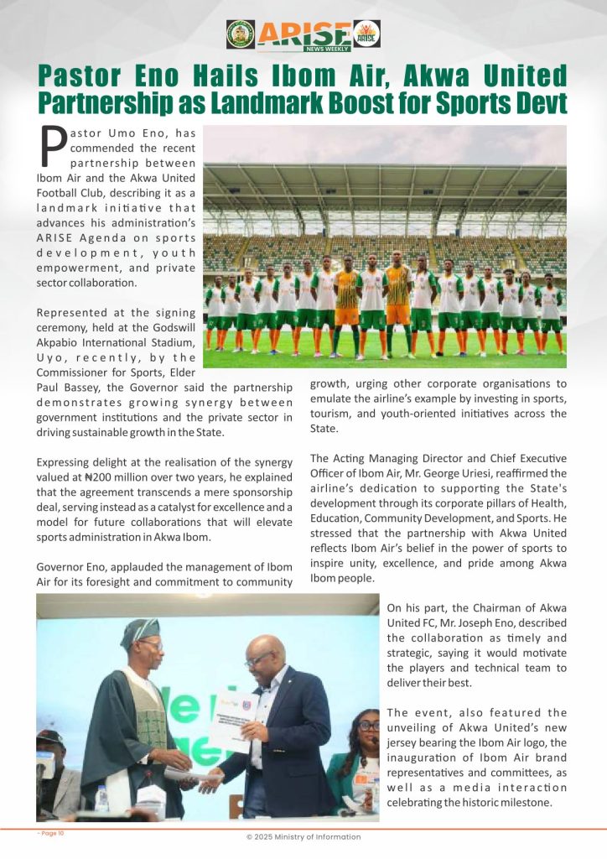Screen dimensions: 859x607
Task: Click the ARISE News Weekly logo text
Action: [304, 34]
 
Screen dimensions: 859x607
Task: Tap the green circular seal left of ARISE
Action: [241, 34]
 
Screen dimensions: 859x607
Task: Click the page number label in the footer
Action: [51, 833]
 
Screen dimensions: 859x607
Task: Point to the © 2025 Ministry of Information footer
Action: [303, 836]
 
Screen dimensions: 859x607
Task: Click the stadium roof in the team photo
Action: [385, 180]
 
